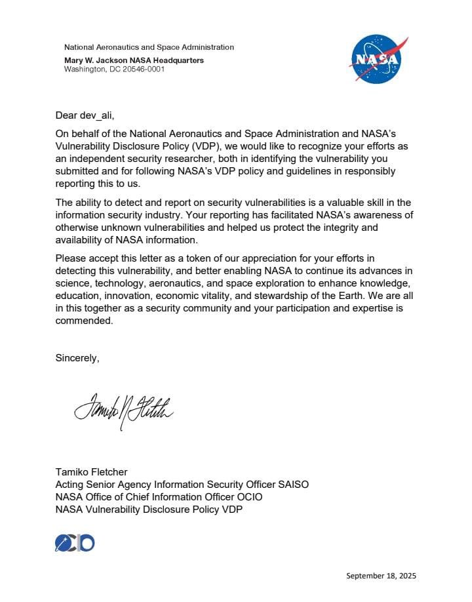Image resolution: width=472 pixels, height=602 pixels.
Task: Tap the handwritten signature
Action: (123, 411)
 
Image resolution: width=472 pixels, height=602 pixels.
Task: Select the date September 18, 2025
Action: (381, 576)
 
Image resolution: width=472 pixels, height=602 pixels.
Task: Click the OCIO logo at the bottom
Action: (75, 542)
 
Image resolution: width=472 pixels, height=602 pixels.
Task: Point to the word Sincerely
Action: (77, 358)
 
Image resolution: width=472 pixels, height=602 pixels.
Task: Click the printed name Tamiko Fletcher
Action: (92, 472)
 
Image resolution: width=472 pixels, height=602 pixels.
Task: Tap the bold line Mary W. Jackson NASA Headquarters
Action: (134, 60)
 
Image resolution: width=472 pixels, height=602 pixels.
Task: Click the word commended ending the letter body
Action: (85, 321)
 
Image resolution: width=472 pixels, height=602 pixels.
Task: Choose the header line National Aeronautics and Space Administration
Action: (149, 47)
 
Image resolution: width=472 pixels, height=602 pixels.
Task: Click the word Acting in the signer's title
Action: (70, 484)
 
